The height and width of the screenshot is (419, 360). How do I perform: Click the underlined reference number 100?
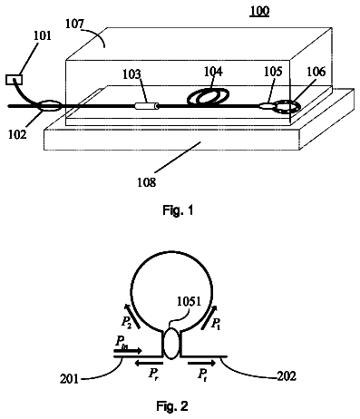coord(259,11)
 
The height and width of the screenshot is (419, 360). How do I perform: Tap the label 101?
coord(43,35)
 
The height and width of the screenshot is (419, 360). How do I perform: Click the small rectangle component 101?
coord(14,80)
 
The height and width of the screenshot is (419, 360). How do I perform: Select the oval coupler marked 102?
coord(49,106)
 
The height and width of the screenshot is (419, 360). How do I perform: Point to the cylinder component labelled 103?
coord(147,106)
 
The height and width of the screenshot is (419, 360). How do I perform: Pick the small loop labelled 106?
coord(287,107)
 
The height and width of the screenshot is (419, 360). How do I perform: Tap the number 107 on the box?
coord(75,24)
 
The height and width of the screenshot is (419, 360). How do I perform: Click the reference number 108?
coord(147,182)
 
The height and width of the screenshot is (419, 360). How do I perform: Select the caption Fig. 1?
coord(178,209)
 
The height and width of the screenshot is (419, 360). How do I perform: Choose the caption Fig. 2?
coord(172,405)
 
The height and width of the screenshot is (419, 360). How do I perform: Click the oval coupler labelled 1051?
coord(171,344)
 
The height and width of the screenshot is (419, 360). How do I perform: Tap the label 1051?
coord(189,301)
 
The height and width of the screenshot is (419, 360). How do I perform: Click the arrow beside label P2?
coord(132,317)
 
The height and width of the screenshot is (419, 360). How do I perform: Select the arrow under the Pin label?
coord(127,351)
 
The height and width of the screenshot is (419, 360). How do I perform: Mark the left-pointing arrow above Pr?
coord(149,363)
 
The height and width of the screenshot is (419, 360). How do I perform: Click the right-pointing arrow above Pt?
coord(202,363)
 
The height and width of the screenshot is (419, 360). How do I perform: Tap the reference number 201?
coord(69,378)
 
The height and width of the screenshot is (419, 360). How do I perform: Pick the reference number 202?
coord(287,376)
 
